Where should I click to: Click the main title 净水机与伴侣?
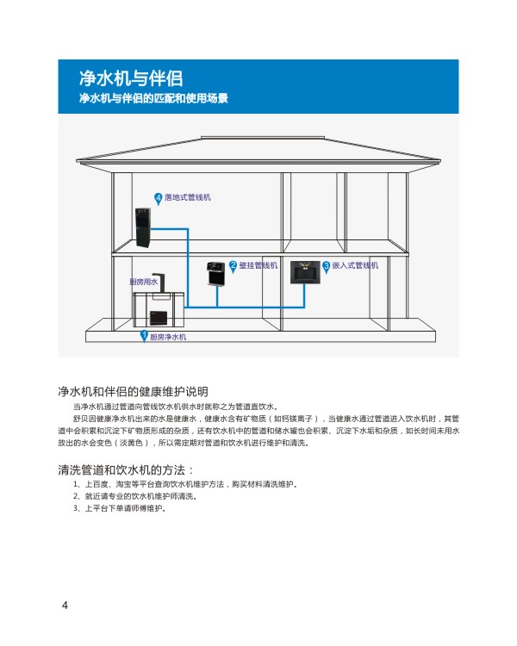tap(131, 78)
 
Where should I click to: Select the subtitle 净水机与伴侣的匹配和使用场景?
tap(153, 98)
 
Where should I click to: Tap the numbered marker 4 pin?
tap(158, 199)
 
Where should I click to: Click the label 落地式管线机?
tap(188, 197)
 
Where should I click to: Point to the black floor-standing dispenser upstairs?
tap(143, 228)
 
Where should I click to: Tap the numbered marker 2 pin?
tap(233, 266)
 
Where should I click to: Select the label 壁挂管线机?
tap(258, 265)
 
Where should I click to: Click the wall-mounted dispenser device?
tap(215, 273)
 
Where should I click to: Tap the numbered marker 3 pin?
tap(326, 267)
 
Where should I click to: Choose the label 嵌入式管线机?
tap(355, 265)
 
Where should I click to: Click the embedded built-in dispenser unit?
tap(305, 272)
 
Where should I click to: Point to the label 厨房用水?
tap(144, 282)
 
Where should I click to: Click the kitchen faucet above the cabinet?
tap(159, 283)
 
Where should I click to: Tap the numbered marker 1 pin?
tap(144, 336)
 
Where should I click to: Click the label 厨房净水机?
tap(168, 337)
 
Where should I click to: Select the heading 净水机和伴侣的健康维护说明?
tap(133, 391)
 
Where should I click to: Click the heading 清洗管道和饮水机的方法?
tap(125, 469)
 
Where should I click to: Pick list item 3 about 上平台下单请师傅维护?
tap(120, 508)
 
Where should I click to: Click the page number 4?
tap(65, 605)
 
